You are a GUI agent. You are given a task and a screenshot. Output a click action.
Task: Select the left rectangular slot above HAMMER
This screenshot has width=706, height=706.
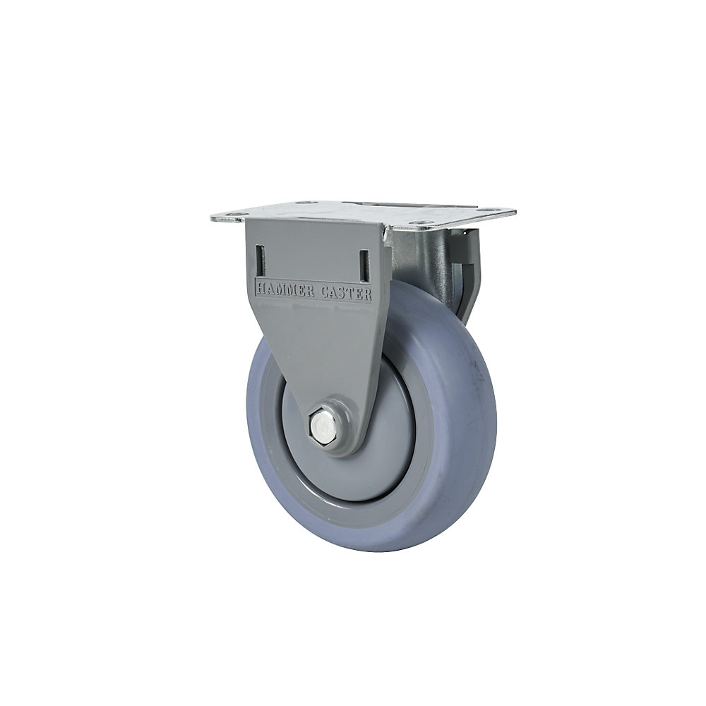tap(259, 261)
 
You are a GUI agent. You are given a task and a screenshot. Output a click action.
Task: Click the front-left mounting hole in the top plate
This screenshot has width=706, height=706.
tap(235, 216)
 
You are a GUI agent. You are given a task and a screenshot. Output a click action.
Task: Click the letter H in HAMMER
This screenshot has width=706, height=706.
tap(259, 286)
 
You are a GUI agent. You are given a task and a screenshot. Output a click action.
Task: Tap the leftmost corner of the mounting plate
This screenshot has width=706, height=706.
tap(213, 217)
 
